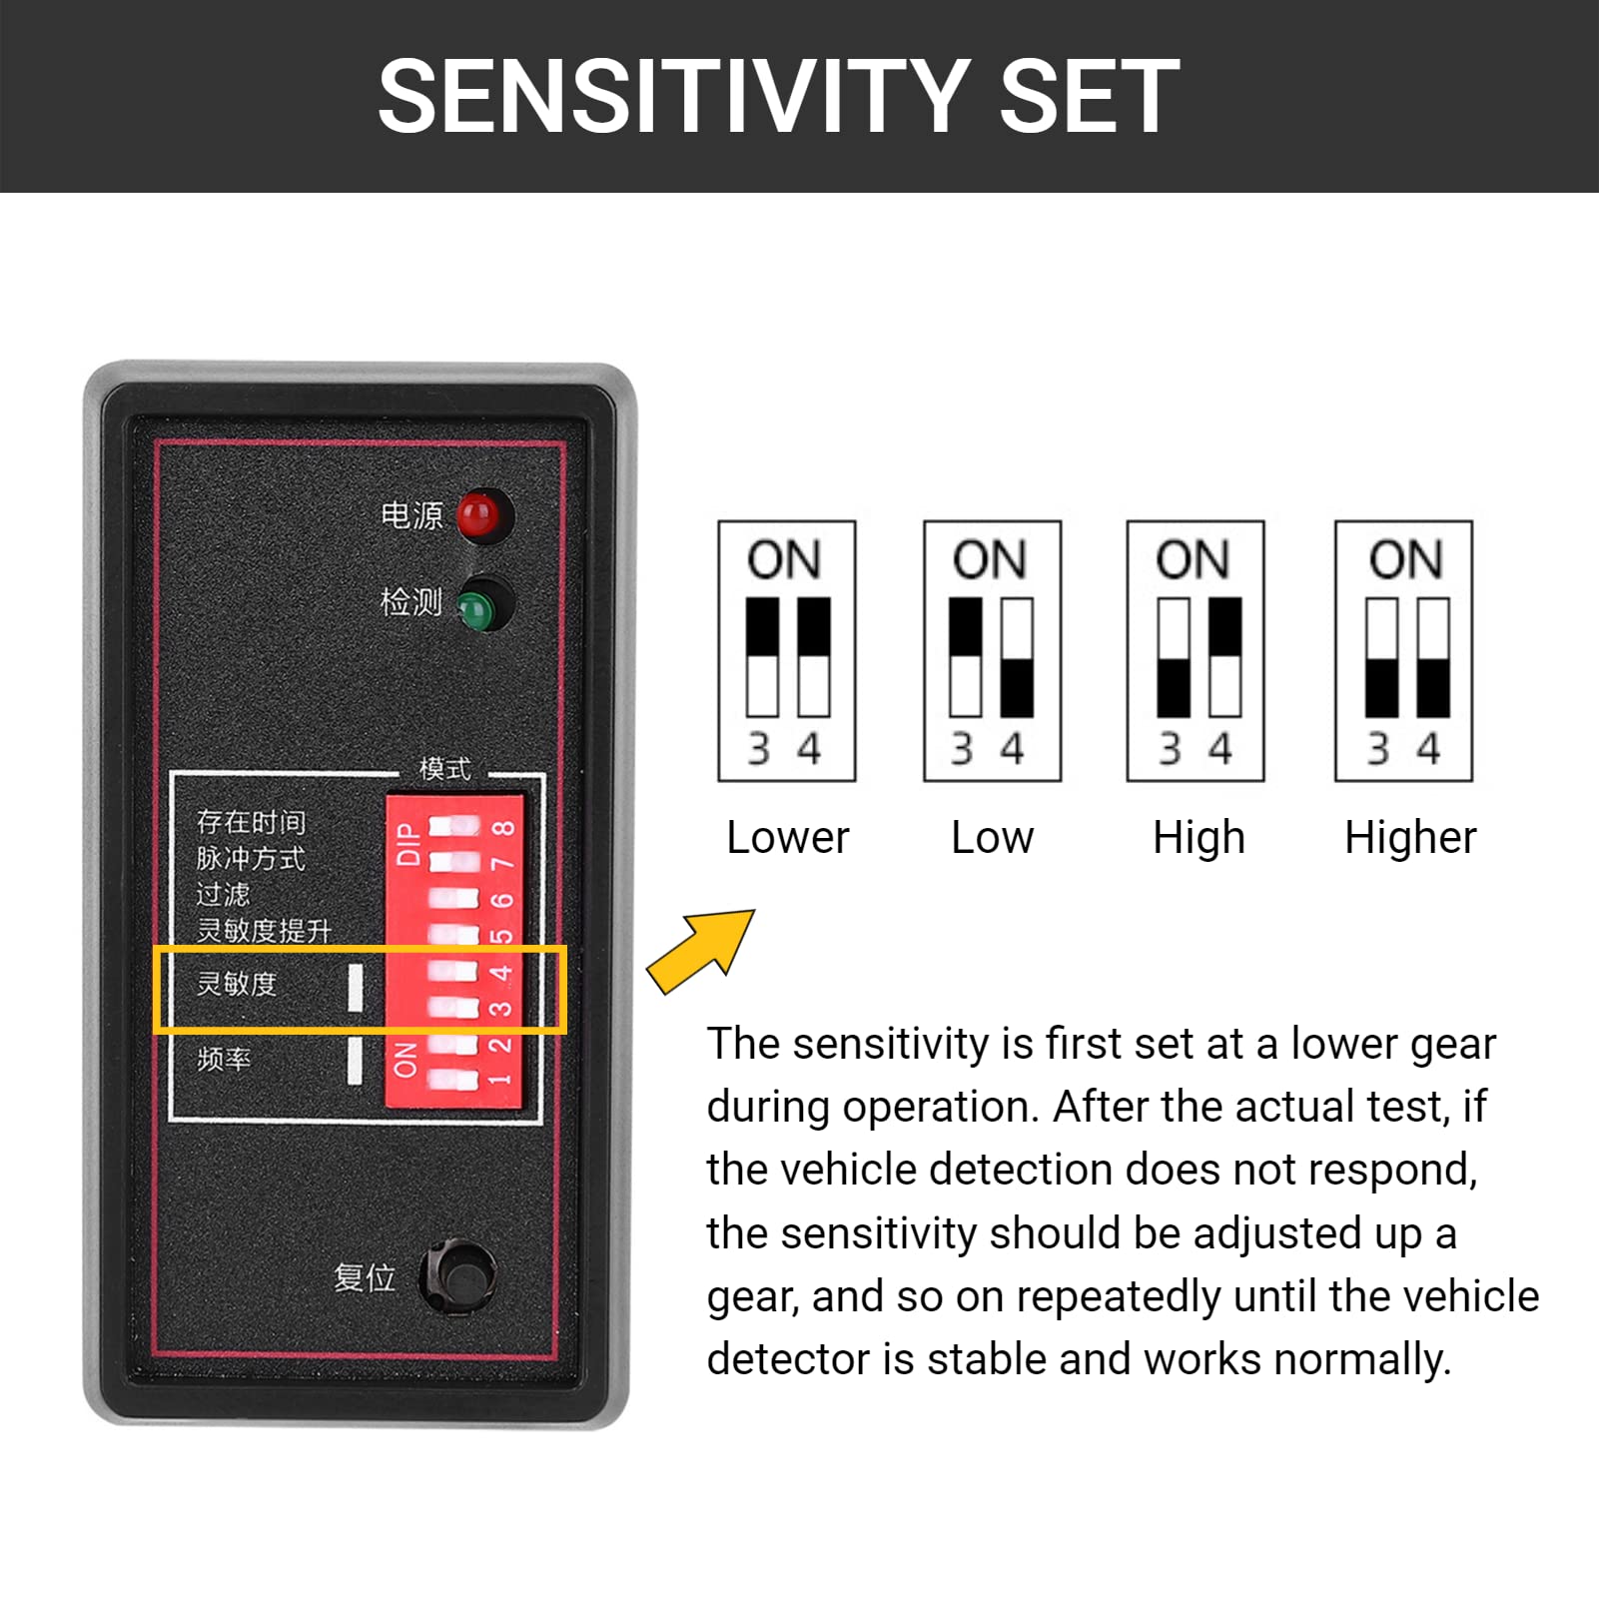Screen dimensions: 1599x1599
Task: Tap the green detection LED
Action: (479, 605)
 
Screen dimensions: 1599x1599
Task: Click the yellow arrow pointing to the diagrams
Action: (702, 951)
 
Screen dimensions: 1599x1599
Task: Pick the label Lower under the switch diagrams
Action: (787, 837)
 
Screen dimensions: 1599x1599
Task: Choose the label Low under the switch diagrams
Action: (992, 837)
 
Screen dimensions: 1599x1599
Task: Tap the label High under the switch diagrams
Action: (1199, 837)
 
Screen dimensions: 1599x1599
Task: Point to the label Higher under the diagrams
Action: (1409, 837)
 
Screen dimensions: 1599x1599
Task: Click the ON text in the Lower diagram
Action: (784, 559)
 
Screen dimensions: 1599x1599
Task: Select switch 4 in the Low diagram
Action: (1017, 657)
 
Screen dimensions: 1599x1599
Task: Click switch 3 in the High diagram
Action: (1174, 657)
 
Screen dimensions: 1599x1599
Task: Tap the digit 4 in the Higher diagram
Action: (1429, 748)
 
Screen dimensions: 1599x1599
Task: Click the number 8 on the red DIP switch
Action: (504, 828)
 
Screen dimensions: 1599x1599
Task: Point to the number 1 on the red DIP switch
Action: (501, 1080)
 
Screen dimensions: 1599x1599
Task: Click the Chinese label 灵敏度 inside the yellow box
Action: (237, 984)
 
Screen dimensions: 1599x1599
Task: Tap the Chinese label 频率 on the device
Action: (224, 1059)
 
